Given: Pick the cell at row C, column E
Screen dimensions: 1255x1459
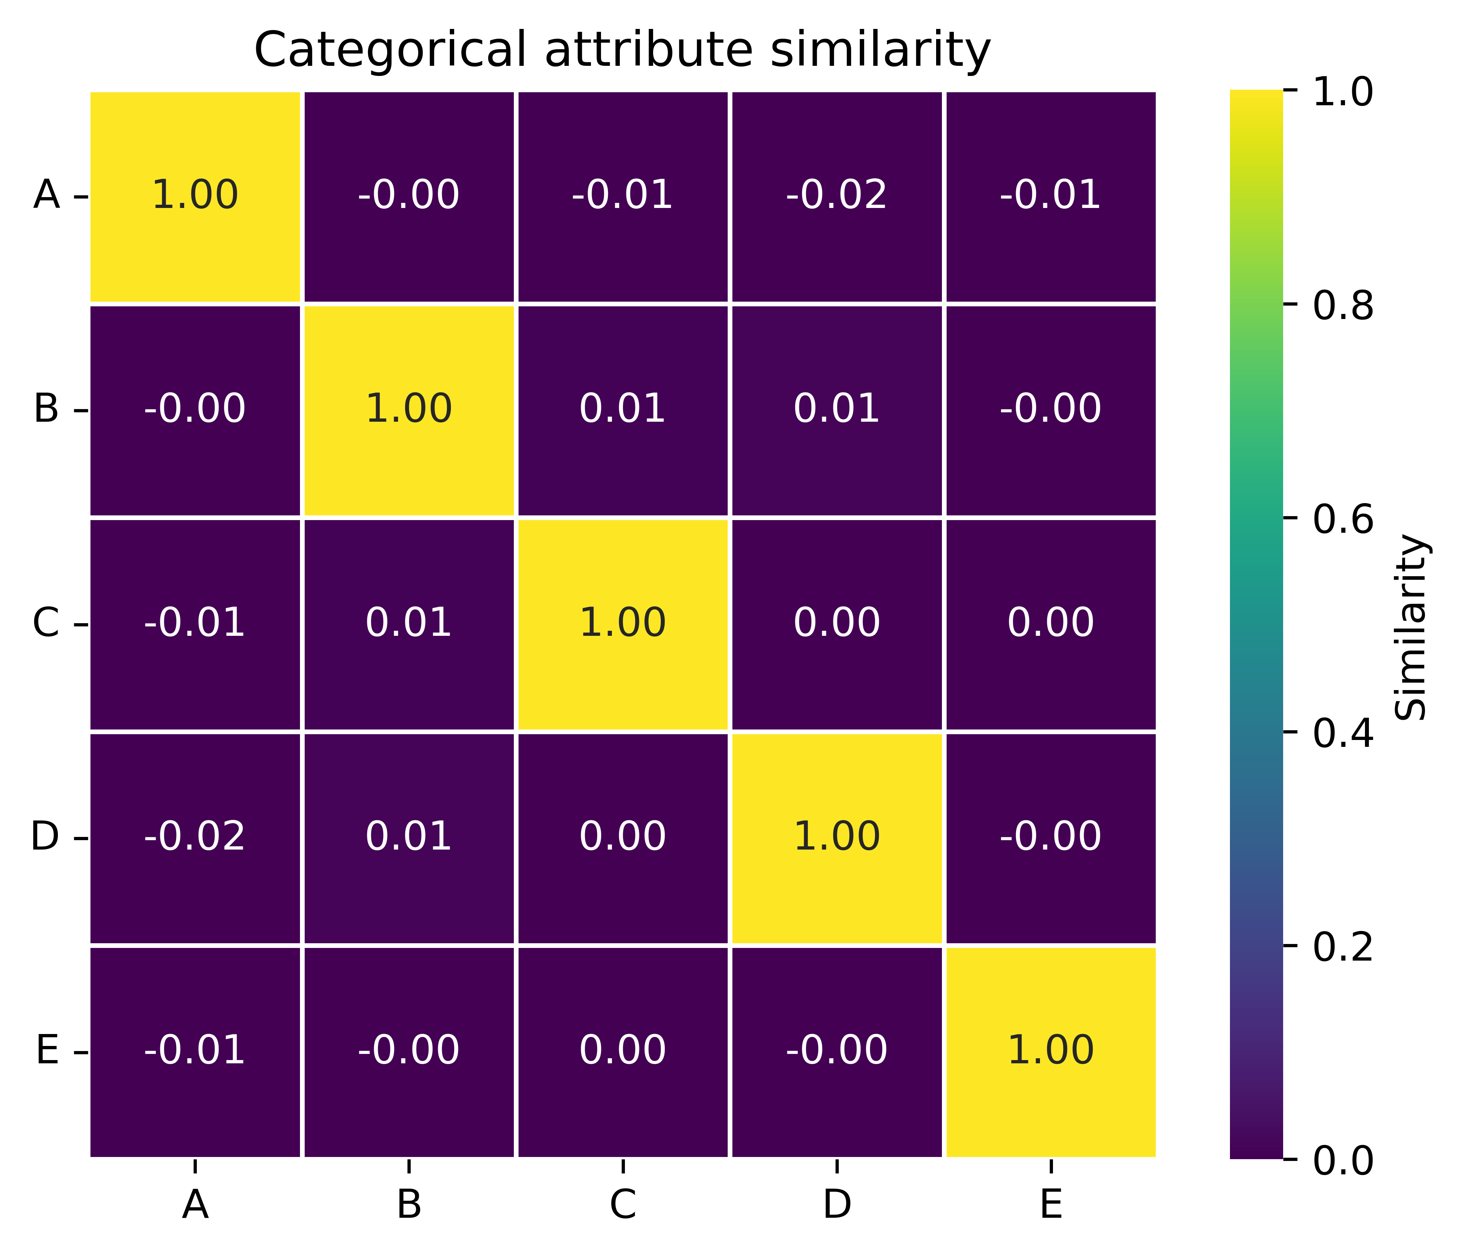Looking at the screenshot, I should click(1050, 624).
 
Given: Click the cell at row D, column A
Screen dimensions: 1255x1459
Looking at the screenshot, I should click(195, 838).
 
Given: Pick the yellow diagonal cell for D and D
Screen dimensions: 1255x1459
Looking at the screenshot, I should click(837, 838).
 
